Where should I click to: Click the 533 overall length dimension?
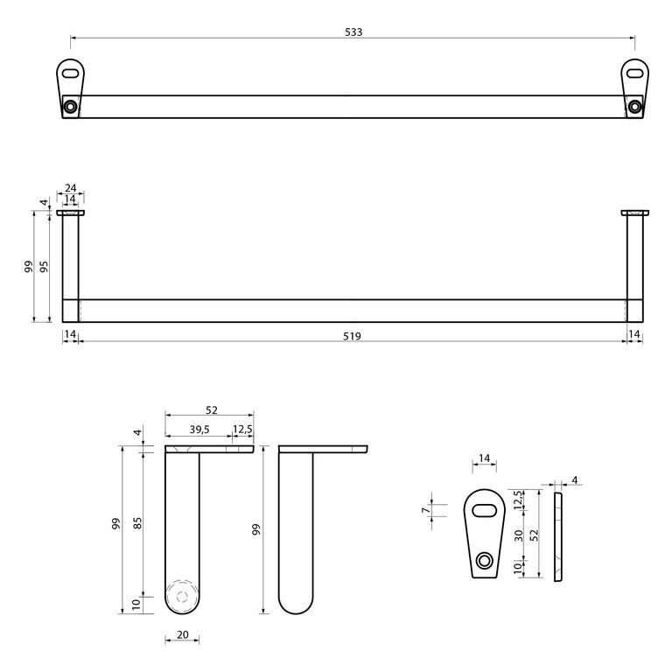[x=353, y=31]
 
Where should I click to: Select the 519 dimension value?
[x=352, y=336]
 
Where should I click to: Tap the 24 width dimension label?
[x=70, y=188]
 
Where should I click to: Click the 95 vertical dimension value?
[x=44, y=266]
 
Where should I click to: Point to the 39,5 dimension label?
[x=199, y=430]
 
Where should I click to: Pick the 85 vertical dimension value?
[x=137, y=523]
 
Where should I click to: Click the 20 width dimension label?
[x=183, y=634]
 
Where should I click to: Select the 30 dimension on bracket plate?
[x=519, y=535]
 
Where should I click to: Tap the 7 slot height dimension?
[x=425, y=510]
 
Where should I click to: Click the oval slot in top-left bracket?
[x=70, y=73]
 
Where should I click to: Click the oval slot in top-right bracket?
[x=634, y=73]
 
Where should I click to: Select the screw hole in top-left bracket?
[x=70, y=106]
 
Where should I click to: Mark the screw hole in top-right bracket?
[x=634, y=106]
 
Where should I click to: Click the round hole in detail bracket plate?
[x=485, y=561]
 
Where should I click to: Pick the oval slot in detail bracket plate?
[x=484, y=510]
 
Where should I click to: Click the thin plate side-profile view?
[x=557, y=536]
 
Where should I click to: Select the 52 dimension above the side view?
[x=211, y=410]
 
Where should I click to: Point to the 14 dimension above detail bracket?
[x=484, y=458]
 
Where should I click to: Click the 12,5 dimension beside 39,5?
[x=242, y=430]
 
